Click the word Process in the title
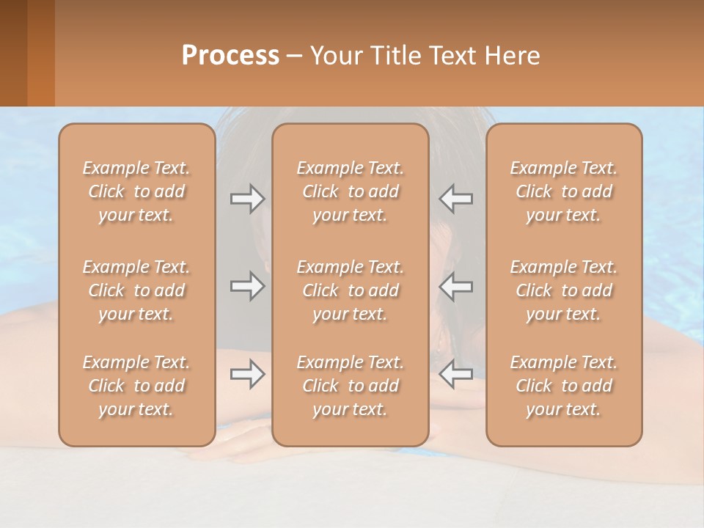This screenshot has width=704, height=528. coord(230,55)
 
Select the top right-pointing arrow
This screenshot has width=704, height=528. coord(247,198)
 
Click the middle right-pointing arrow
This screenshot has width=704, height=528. coord(247,287)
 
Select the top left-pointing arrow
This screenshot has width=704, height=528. coord(456,198)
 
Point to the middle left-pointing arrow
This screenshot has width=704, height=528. coord(456,287)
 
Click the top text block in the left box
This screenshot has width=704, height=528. coord(136,191)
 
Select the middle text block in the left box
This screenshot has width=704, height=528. coord(136,290)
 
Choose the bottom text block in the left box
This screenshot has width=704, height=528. coord(136,386)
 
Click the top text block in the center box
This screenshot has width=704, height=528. coord(351,191)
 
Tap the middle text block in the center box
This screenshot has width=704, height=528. coord(351,290)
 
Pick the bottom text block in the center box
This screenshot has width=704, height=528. coord(351,386)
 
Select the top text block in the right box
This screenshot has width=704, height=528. coord(564,191)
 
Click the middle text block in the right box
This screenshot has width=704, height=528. coord(564,290)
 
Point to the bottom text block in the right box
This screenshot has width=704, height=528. coord(564,386)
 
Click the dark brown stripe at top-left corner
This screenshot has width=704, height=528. coord(13,53)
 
